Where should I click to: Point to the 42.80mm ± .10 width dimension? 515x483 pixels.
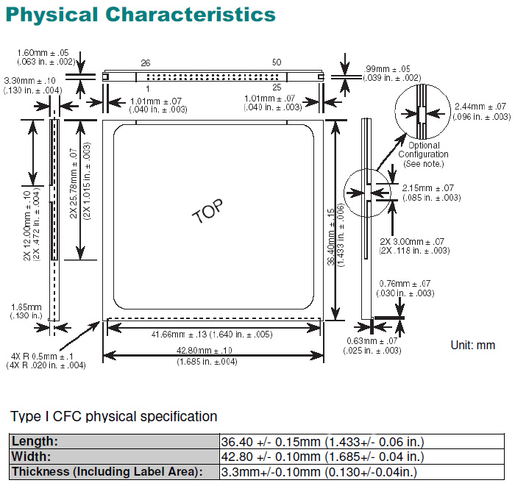207,351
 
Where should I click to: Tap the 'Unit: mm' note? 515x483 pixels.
472,344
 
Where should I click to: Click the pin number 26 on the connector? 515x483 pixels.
146,63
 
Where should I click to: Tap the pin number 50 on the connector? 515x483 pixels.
276,63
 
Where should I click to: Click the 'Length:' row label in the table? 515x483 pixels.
44,442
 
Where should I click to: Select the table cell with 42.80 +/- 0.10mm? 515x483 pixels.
322,457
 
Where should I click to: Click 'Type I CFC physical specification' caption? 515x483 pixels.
114,417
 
